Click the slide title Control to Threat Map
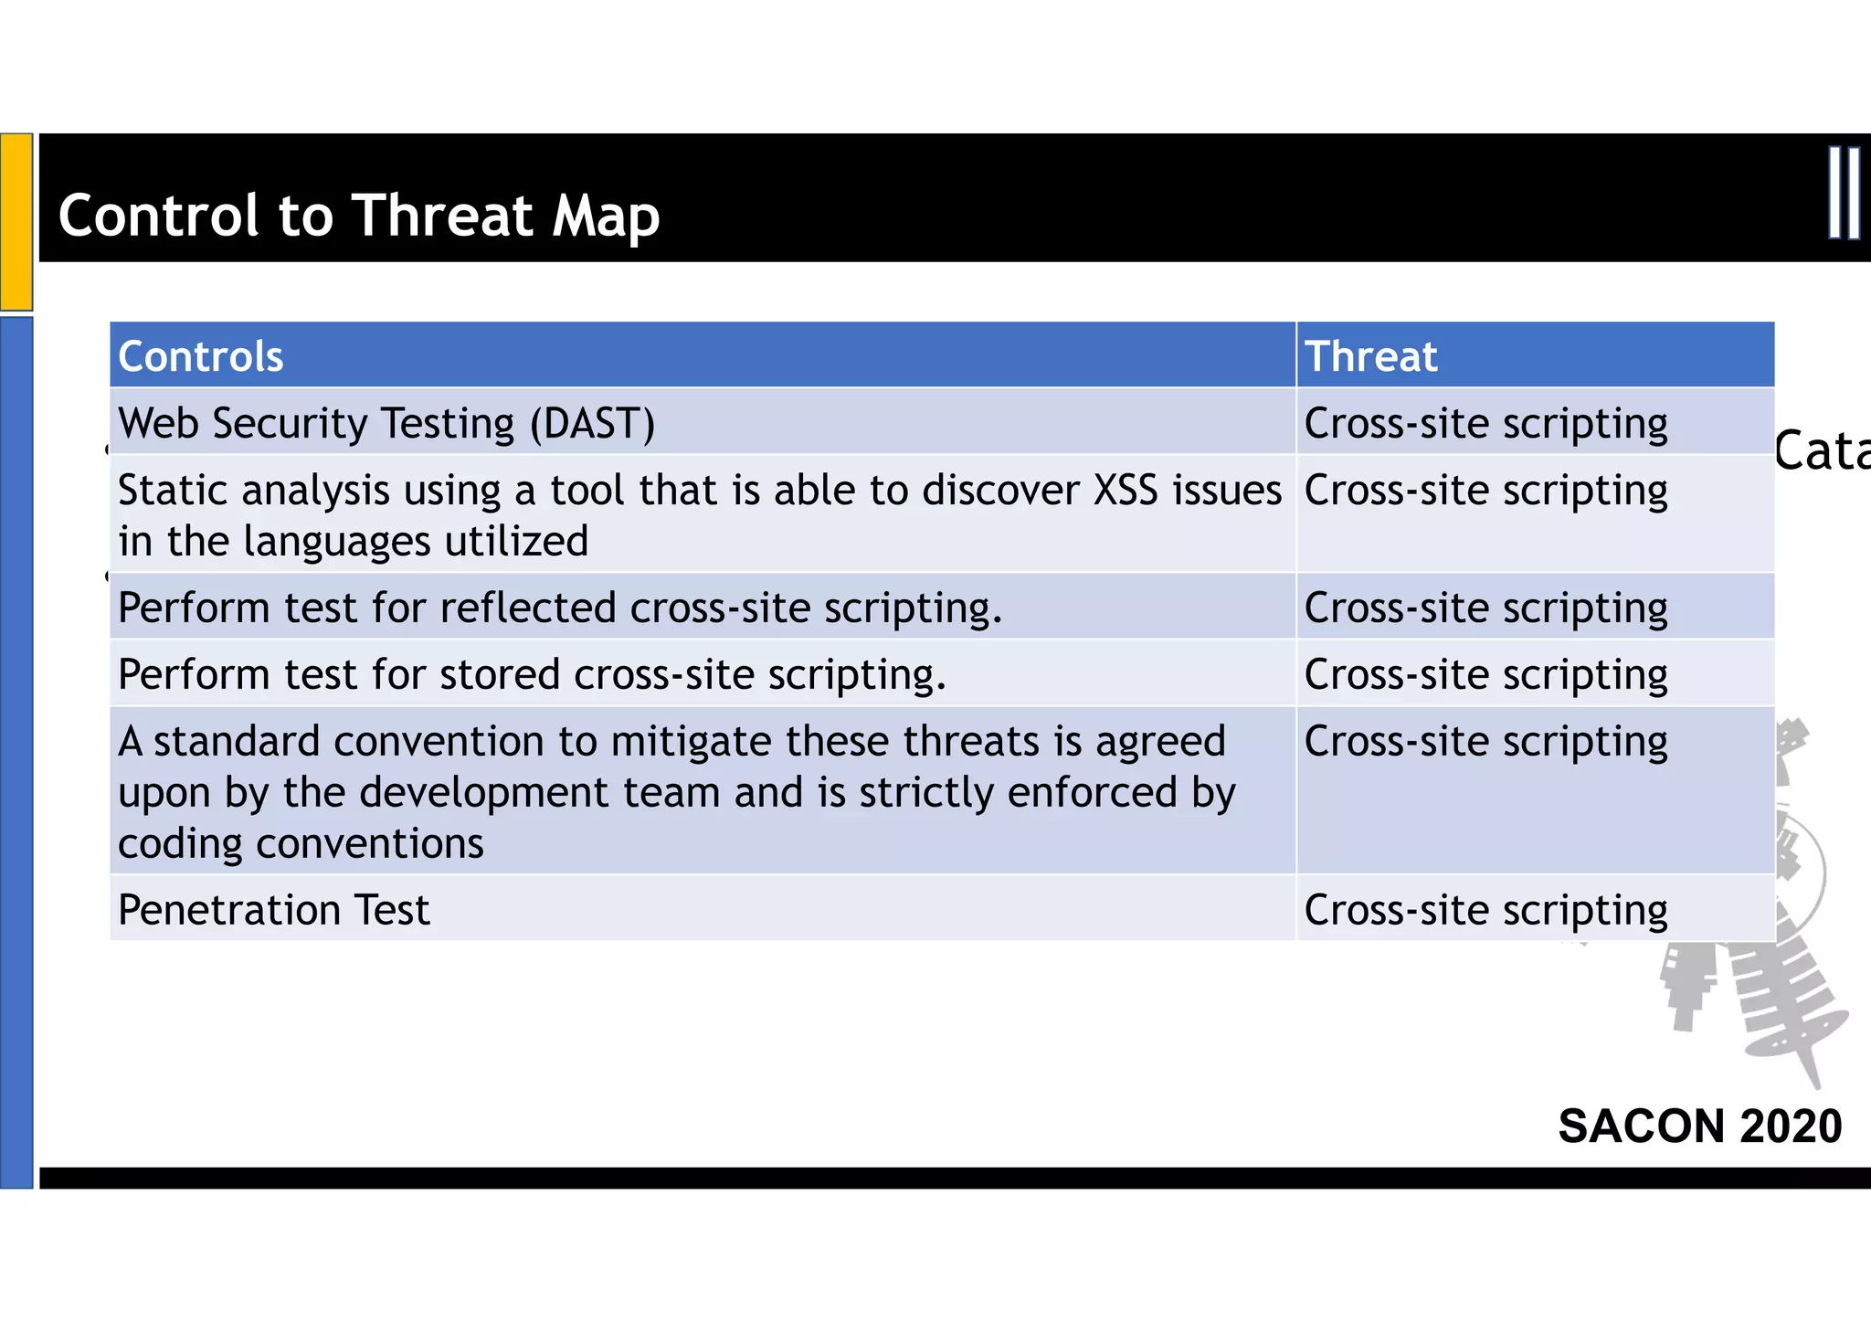[358, 216]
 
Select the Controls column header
[201, 356]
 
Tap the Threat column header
[1370, 356]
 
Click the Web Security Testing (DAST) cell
[386, 424]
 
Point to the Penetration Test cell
[273, 910]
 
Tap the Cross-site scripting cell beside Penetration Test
[1485, 910]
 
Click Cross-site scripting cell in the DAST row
[1485, 424]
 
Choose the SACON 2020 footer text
[1699, 1126]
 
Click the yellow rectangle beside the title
[16, 221]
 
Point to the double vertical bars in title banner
[1844, 194]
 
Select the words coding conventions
[301, 843]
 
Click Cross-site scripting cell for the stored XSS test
[1485, 675]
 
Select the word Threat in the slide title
[442, 216]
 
